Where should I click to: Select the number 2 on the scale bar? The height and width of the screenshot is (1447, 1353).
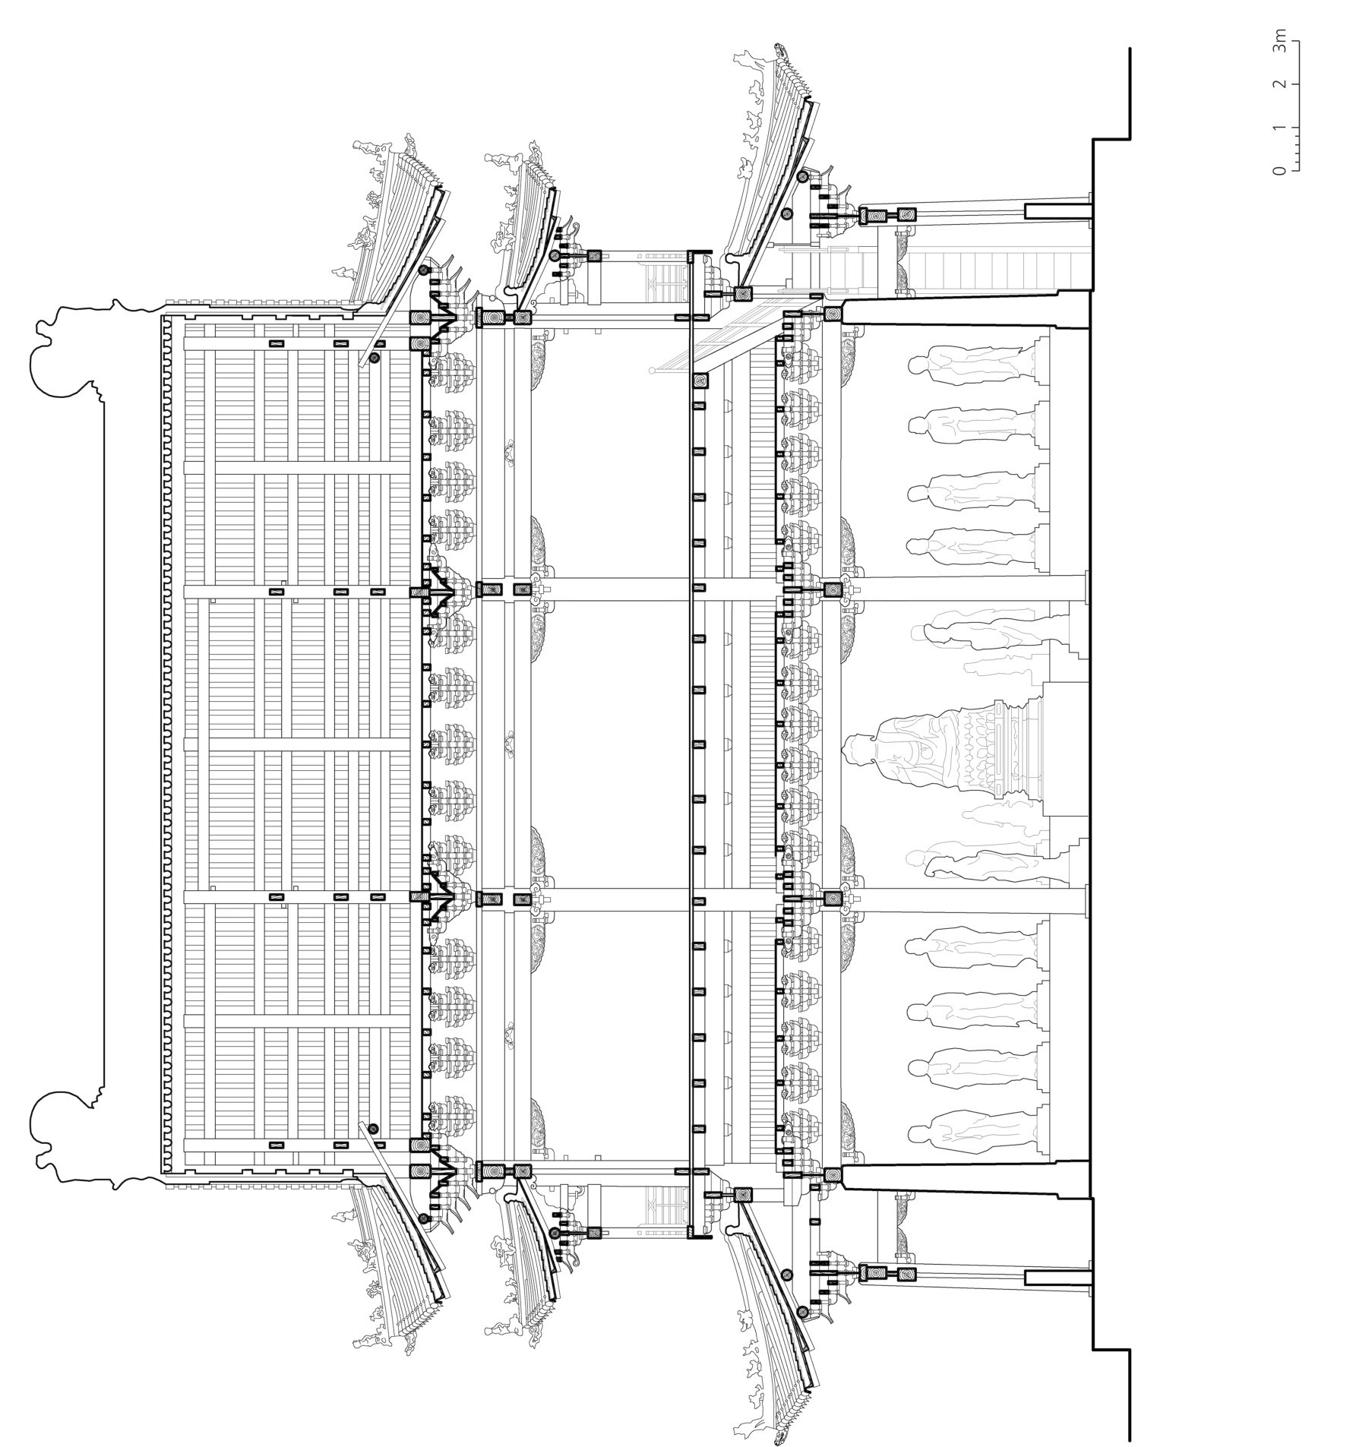pos(1282,84)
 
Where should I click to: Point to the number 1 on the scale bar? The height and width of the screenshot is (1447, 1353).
pos(1282,127)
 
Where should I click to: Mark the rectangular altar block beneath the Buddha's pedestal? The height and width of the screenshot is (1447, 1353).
pos(1067,748)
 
